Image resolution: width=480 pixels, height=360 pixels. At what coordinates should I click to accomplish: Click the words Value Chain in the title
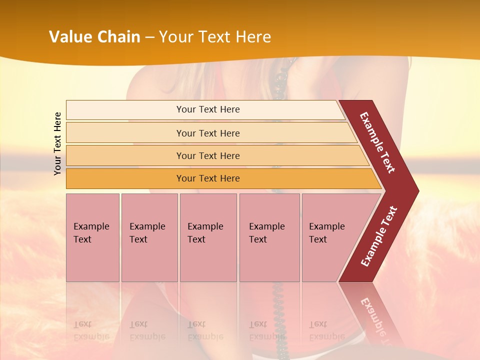click(x=94, y=37)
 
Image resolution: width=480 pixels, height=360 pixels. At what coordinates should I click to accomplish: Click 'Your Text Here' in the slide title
click(x=214, y=37)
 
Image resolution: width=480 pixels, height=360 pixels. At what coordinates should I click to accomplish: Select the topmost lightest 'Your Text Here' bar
click(x=207, y=109)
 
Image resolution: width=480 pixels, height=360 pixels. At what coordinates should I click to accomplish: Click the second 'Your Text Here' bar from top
click(x=207, y=133)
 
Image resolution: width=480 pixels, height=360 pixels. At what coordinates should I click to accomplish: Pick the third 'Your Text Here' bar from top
click(x=207, y=156)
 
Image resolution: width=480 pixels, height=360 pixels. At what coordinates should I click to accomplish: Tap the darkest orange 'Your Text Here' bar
click(x=207, y=178)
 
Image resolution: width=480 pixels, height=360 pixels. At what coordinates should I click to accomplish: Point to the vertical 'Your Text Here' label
click(x=57, y=143)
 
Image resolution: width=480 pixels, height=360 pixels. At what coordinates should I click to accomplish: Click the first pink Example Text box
click(x=92, y=237)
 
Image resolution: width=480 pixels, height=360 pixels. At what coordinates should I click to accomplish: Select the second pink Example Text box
click(x=149, y=237)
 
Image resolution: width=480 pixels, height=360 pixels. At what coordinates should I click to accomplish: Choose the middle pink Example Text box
click(x=207, y=237)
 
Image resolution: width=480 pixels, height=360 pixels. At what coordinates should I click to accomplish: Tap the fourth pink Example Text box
click(x=269, y=237)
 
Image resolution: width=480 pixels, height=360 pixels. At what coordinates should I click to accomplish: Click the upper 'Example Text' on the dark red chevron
click(x=377, y=142)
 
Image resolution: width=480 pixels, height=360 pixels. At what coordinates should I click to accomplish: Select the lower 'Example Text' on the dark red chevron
click(x=379, y=236)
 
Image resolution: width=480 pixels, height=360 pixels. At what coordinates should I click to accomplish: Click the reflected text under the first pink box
click(x=91, y=331)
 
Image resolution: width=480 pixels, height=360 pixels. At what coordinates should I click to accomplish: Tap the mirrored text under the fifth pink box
click(x=326, y=331)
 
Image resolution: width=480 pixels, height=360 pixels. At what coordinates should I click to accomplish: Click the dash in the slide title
click(x=149, y=37)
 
